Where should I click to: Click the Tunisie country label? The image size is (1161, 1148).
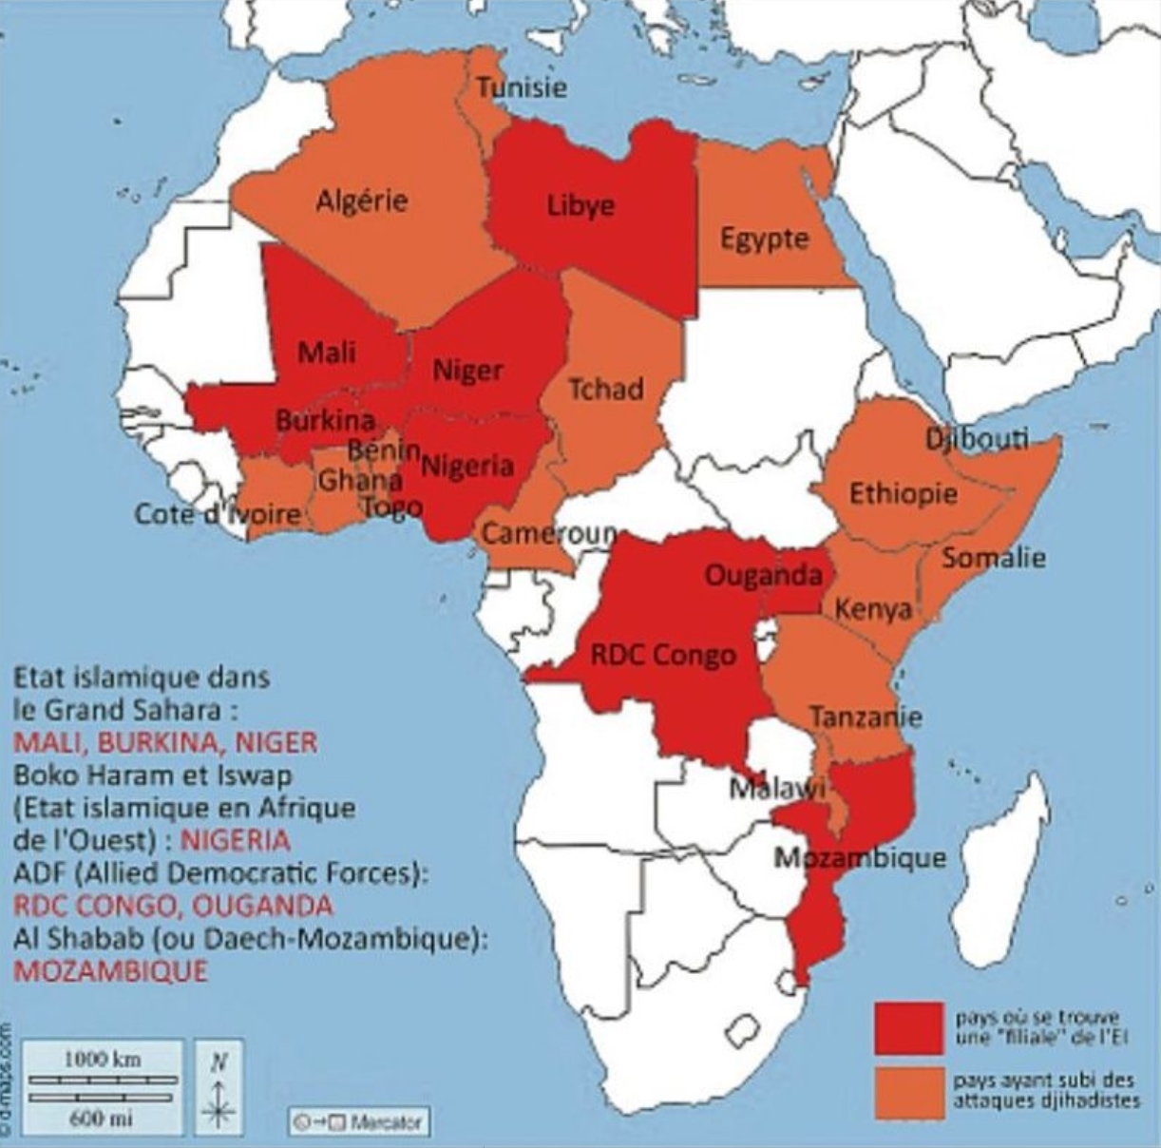521,87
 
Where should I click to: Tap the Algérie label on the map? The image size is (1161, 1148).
361,201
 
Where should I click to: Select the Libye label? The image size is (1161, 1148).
580,205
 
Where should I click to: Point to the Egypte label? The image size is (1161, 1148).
764,238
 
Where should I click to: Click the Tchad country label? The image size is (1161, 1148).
605,389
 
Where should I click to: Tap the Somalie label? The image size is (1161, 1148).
993,558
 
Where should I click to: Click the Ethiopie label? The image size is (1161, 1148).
903,493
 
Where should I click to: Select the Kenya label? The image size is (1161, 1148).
873,609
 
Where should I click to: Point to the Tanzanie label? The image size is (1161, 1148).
865,716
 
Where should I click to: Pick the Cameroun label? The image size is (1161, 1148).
549,533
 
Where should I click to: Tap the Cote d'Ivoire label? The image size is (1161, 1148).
218,514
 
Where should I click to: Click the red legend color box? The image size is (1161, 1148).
908,1028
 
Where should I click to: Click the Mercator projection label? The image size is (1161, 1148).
360,1121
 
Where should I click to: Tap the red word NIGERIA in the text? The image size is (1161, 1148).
235,840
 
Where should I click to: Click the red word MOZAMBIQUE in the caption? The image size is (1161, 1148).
110,971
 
